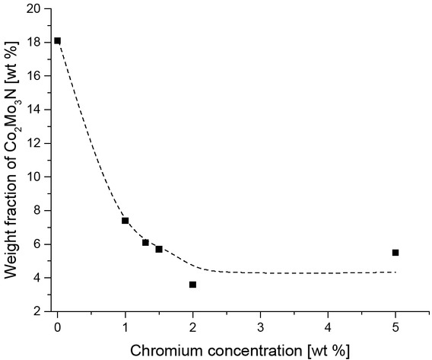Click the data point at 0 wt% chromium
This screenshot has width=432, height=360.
(58, 40)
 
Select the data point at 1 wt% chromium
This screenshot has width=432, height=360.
(125, 221)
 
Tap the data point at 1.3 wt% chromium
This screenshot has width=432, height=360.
(145, 243)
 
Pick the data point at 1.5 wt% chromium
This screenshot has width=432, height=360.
(159, 249)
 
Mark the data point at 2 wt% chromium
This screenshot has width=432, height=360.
(192, 285)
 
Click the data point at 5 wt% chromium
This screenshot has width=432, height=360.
(395, 253)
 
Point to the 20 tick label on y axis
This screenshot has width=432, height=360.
(37, 8)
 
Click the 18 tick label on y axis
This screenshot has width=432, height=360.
(37, 42)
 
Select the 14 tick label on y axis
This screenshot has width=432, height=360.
(37, 110)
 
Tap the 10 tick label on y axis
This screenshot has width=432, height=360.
(37, 177)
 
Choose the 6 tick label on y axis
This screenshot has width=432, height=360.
(40, 244)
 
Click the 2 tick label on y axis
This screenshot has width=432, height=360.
(40, 311)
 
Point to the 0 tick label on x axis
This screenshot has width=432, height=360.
(58, 327)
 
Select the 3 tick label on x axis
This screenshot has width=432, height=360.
(260, 327)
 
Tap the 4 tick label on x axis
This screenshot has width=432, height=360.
(328, 327)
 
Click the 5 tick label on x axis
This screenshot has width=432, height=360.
(395, 327)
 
